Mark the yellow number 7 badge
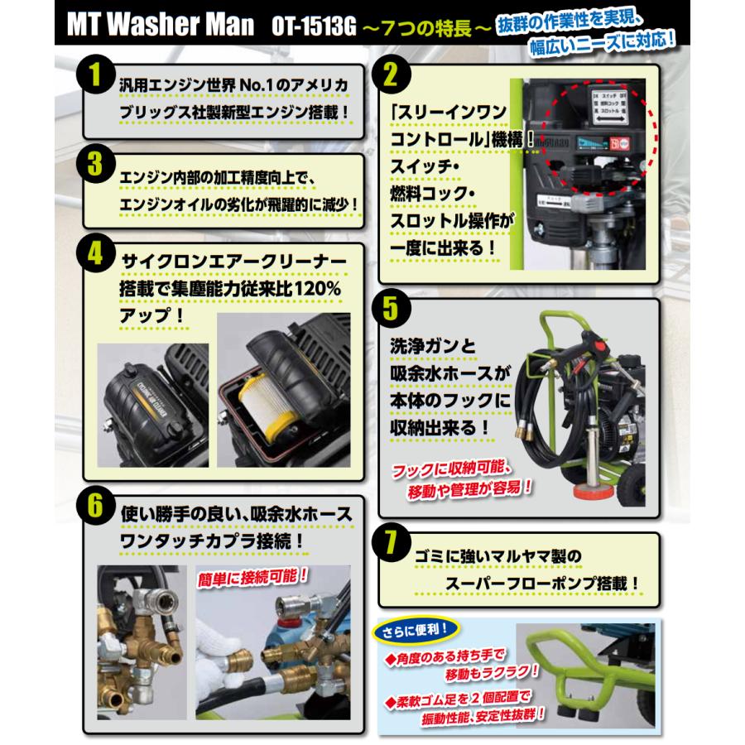(x=394, y=546)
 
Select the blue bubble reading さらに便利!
(x=416, y=632)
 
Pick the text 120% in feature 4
(x=312, y=289)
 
